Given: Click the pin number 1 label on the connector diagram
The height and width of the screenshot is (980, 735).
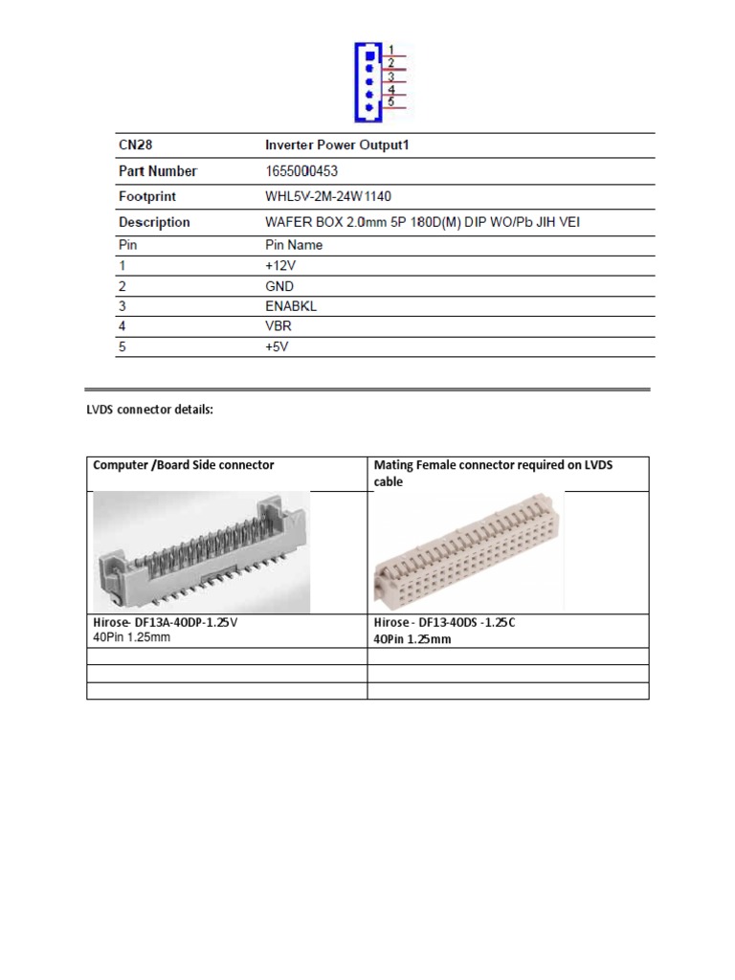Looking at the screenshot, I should (x=392, y=49).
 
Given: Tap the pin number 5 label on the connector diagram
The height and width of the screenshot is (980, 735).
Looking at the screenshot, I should (x=392, y=100).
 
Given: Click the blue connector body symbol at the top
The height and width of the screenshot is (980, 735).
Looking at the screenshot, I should (x=369, y=80).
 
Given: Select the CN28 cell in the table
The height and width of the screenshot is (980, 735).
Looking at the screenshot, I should (x=135, y=145).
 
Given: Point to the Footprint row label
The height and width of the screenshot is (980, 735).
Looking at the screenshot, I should (x=146, y=196).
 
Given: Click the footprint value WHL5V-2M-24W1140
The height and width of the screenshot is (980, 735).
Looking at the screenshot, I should (x=336, y=196).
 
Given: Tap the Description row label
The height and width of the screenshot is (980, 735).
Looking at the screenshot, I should (x=153, y=222).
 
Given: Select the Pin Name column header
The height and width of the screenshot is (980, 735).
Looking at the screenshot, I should (x=294, y=245).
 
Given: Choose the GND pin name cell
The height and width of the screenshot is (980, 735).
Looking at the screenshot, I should (x=279, y=286).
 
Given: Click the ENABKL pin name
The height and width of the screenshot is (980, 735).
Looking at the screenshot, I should (x=290, y=306).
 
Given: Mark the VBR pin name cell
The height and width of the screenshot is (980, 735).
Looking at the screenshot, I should (x=278, y=326).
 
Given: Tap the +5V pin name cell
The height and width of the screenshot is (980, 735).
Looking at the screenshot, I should (x=277, y=346).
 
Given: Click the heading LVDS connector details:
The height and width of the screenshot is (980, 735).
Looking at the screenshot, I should (x=148, y=411).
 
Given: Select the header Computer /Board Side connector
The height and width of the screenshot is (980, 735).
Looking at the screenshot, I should (x=184, y=465).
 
